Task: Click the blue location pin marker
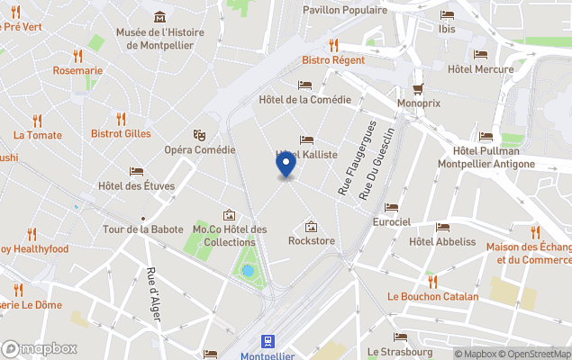286,166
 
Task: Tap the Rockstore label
311,240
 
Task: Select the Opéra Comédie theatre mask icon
199,134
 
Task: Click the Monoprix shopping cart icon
418,88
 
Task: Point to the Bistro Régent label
332,59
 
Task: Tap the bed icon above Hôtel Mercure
480,54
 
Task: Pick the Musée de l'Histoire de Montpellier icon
159,17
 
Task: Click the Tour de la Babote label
142,229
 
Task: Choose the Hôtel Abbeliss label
441,241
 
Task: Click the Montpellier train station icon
268,340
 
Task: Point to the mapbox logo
40,348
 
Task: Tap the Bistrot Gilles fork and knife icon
121,118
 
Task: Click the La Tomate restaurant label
38,135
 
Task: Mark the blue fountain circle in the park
248,270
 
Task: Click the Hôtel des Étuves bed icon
136,171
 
